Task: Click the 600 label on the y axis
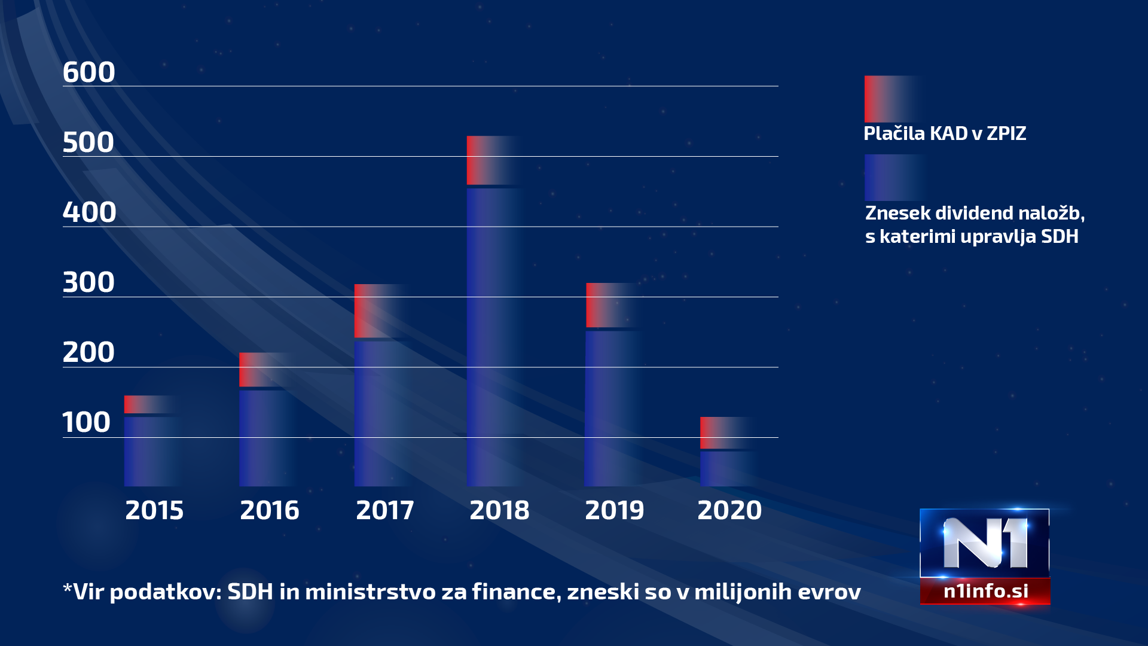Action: [88, 72]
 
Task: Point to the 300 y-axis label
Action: [88, 282]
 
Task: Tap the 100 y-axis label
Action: [87, 422]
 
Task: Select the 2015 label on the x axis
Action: [154, 510]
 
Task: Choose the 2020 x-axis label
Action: [729, 510]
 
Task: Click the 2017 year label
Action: [385, 510]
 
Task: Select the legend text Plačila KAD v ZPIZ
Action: [945, 133]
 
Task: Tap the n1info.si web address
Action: [985, 591]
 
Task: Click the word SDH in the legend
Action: [1060, 236]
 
